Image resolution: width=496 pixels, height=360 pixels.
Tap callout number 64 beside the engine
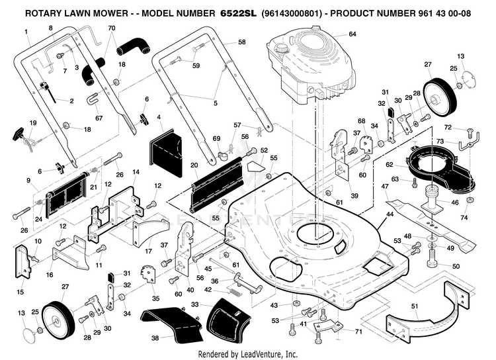pyautogui.click(x=352, y=34)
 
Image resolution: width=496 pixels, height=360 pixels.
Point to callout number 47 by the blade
pyautogui.click(x=384, y=187)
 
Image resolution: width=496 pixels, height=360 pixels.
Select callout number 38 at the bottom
pyautogui.click(x=155, y=337)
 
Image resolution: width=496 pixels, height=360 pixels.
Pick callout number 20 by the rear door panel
pyautogui.click(x=194, y=165)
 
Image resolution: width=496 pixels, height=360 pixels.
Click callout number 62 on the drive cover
pyautogui.click(x=390, y=164)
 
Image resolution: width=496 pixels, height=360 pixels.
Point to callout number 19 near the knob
pyautogui.click(x=32, y=123)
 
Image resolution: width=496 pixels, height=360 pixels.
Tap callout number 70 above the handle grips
pyautogui.click(x=111, y=28)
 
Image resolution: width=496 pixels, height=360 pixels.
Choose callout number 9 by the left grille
pyautogui.click(x=28, y=179)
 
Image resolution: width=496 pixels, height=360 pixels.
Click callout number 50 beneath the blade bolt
pyautogui.click(x=456, y=266)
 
